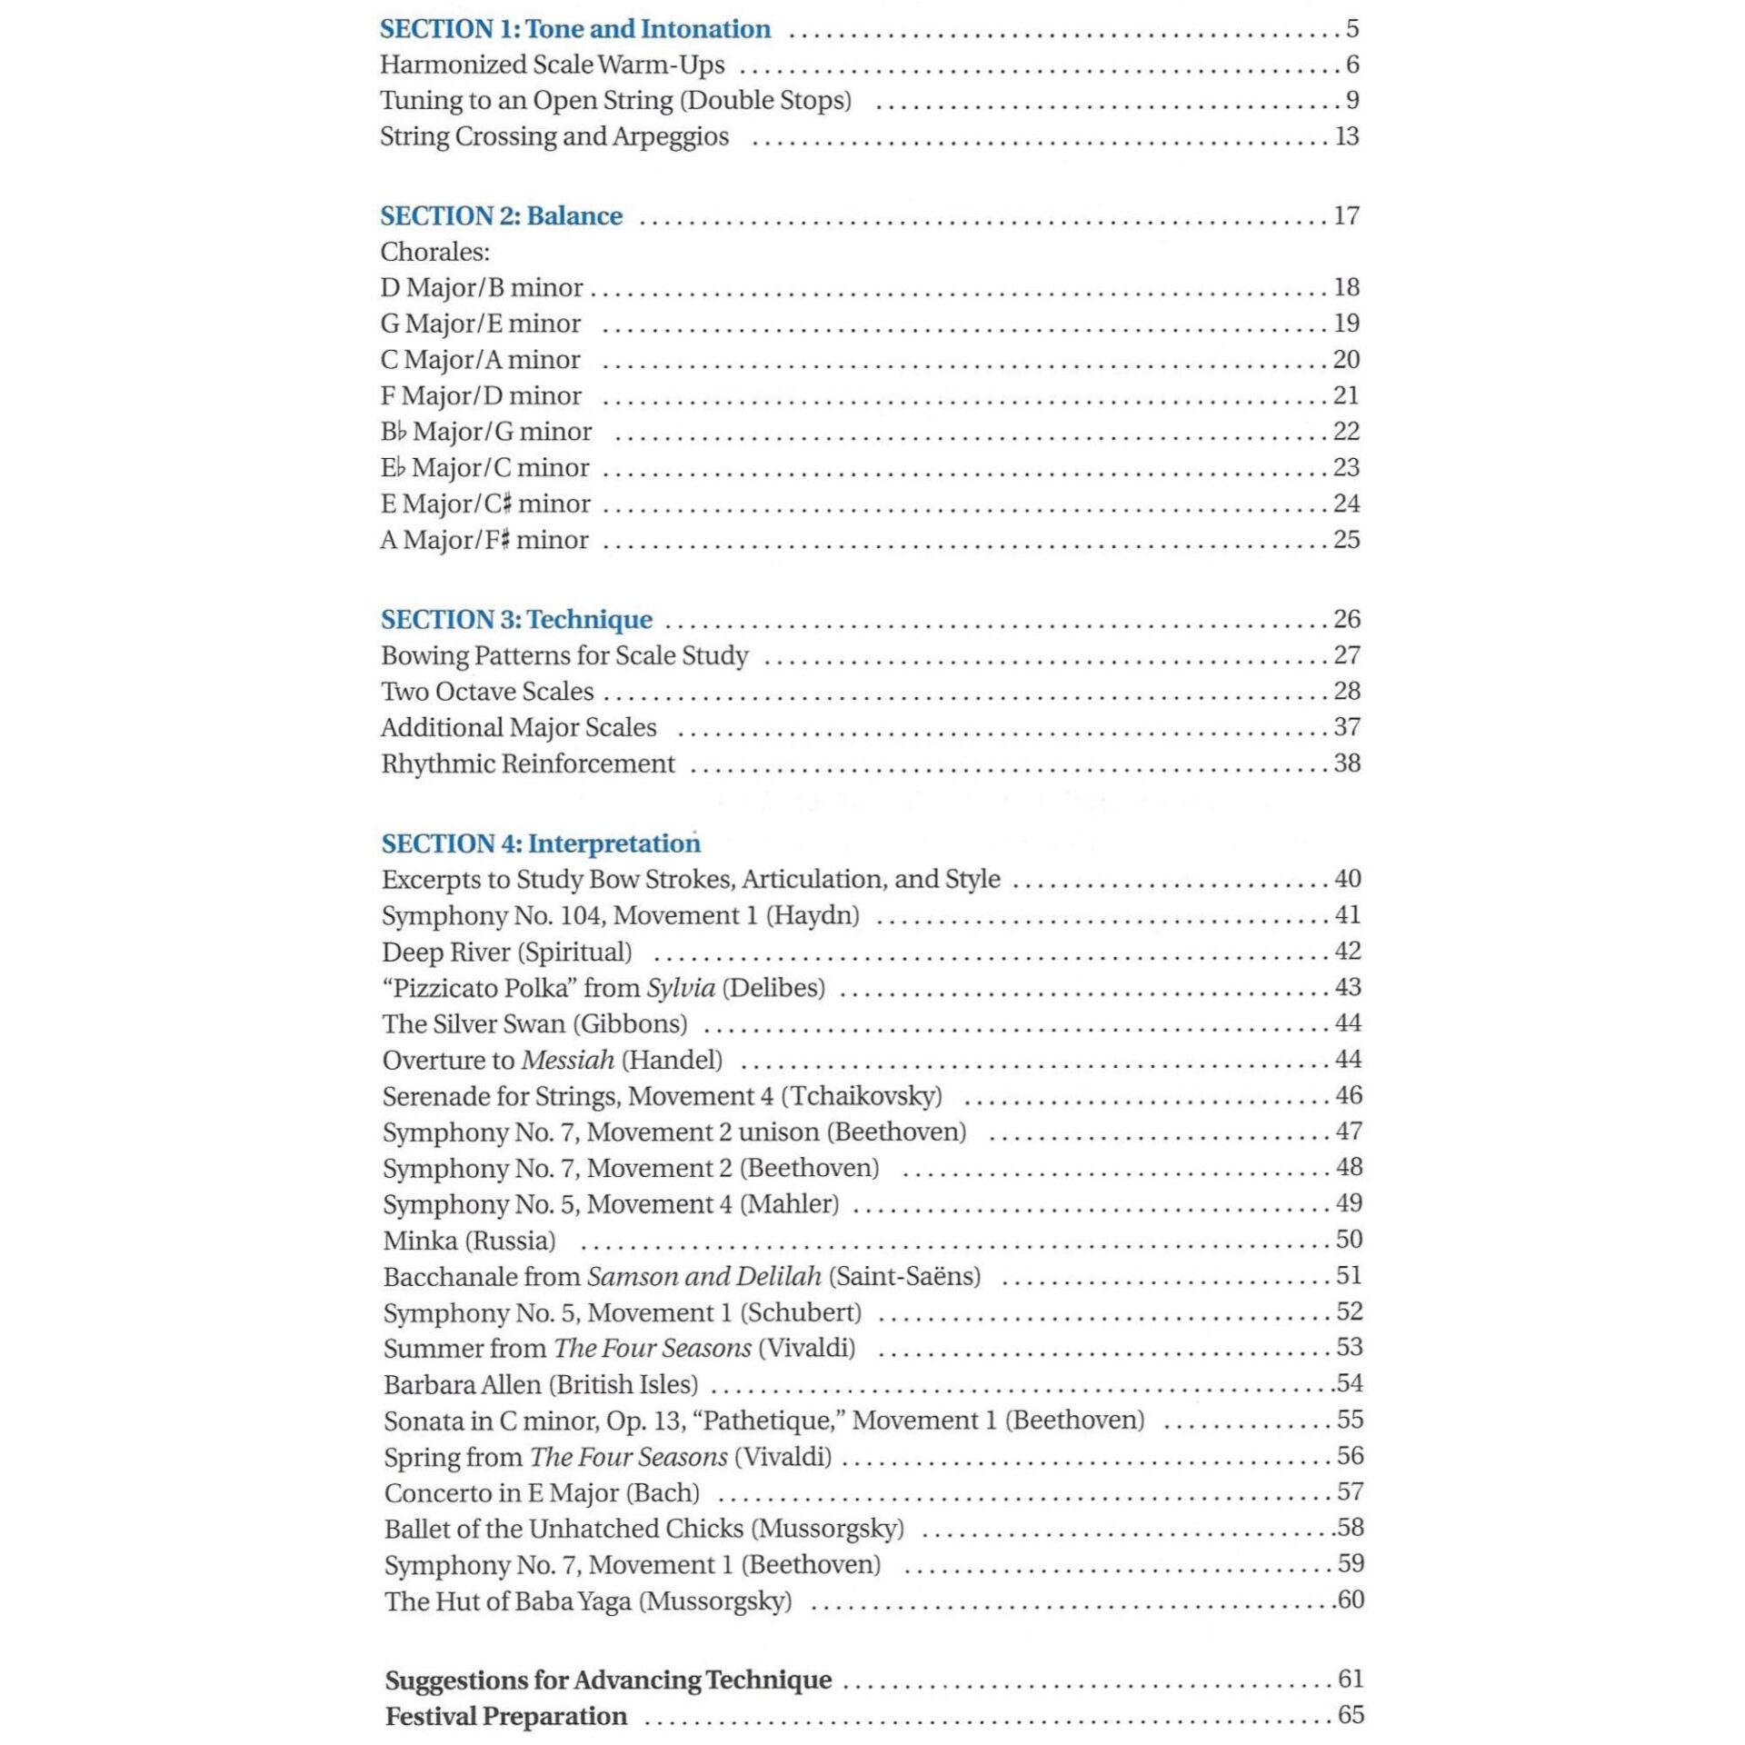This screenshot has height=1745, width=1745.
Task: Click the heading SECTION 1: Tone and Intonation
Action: coord(574,30)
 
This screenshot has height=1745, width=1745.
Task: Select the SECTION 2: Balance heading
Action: coord(501,216)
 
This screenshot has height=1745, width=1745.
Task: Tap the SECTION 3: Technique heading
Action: coord(516,620)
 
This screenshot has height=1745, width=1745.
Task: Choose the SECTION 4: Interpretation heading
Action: coord(541,843)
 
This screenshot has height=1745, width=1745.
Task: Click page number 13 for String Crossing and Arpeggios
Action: coord(1346,136)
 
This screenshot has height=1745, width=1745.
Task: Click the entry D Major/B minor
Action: coord(481,288)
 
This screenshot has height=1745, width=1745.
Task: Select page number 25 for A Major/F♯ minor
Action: coord(1346,540)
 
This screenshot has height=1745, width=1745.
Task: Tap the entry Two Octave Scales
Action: coord(487,692)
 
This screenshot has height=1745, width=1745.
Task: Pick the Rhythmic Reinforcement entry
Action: coord(527,763)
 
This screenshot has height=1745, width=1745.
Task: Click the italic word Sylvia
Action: coord(681,988)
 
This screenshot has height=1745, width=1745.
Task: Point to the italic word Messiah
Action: coord(568,1061)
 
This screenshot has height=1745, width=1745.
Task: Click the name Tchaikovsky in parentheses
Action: coord(865,1096)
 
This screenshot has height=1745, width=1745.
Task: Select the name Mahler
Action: coord(789,1204)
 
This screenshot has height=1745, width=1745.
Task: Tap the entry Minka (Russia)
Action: coord(469,1241)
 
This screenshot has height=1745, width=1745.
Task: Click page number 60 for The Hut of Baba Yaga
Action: coord(1350,1600)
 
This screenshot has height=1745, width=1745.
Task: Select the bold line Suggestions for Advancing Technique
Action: coord(608,1680)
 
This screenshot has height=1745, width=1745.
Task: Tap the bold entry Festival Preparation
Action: coord(506,1716)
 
